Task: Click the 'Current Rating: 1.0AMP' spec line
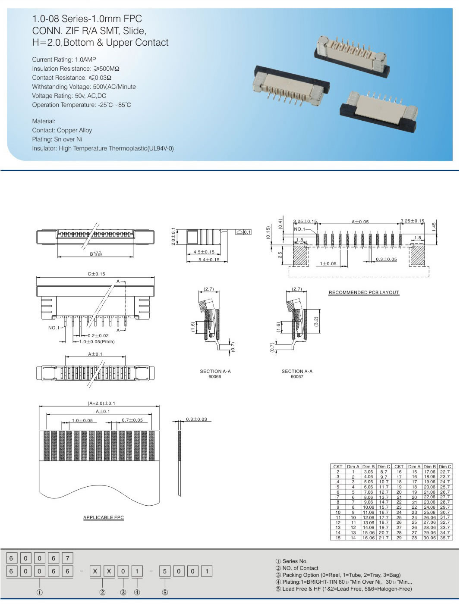[x=64, y=59]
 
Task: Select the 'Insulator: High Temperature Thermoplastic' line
[x=103, y=148]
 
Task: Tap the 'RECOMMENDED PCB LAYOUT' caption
[x=364, y=292]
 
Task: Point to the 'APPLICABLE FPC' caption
[x=104, y=517]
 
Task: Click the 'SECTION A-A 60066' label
[x=215, y=374]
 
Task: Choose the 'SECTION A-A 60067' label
[x=297, y=374]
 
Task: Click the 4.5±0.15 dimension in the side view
[x=204, y=252]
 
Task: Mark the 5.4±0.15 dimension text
[x=209, y=260]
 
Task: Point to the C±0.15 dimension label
[x=96, y=274]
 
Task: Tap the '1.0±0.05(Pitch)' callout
[x=97, y=341]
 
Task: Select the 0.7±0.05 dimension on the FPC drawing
[x=132, y=420]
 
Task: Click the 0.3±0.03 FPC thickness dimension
[x=196, y=419]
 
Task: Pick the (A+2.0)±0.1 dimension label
[x=101, y=403]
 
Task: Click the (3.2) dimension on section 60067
[x=315, y=322]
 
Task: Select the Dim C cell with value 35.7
[x=444, y=538]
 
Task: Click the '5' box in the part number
[x=164, y=571]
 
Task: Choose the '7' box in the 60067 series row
[x=67, y=558]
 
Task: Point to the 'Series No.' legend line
[x=292, y=561]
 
